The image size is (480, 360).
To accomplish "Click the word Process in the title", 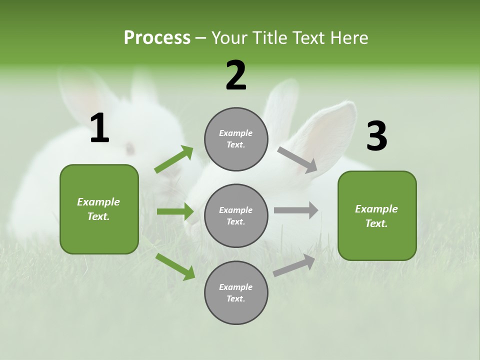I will [x=157, y=37].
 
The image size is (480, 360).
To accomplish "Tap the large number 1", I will [x=99, y=128].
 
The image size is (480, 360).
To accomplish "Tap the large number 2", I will [x=236, y=75].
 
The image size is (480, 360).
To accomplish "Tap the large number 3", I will [x=376, y=136].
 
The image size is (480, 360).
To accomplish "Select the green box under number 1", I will [x=99, y=209].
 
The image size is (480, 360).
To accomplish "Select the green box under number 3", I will [x=377, y=215].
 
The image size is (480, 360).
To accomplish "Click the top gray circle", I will [x=236, y=139].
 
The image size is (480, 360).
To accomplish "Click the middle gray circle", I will [x=236, y=215].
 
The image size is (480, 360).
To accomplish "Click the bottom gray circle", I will [x=236, y=292].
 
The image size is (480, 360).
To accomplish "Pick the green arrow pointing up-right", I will [x=174, y=159].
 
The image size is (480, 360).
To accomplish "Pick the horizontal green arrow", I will [x=175, y=211].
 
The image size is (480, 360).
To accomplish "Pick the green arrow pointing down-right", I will [x=175, y=266].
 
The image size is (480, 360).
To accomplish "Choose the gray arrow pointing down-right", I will [x=297, y=159].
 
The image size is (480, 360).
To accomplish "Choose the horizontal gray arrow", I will [x=296, y=210].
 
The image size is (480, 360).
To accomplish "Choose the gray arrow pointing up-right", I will [x=294, y=265].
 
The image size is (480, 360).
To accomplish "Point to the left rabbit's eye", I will [x=130, y=148].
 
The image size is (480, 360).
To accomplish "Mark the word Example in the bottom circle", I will [x=235, y=287].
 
